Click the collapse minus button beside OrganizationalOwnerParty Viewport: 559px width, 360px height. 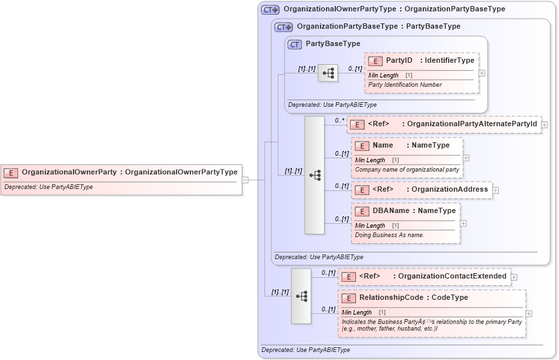pyautogui.click(x=245, y=179)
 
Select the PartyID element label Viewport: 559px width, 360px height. pyautogui.click(x=399, y=61)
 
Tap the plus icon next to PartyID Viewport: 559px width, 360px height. pyautogui.click(x=482, y=73)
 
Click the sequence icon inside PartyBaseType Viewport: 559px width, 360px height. pyautogui.click(x=327, y=73)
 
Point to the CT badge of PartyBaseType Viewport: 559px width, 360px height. pyautogui.click(x=295, y=44)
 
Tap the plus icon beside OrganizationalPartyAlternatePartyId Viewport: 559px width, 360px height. pyautogui.click(x=544, y=124)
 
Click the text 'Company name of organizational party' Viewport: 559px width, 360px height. pyautogui.click(x=407, y=170)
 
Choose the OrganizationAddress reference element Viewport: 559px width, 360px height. pyautogui.click(x=421, y=190)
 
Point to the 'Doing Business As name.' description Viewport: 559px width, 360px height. pyautogui.click(x=389, y=235)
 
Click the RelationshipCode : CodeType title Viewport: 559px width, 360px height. pyautogui.click(x=413, y=298)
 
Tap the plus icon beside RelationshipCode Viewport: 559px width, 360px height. pyautogui.click(x=529, y=313)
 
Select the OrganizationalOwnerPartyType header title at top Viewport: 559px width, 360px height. pyautogui.click(x=394, y=9)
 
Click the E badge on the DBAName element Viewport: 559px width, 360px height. pyautogui.click(x=362, y=211)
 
